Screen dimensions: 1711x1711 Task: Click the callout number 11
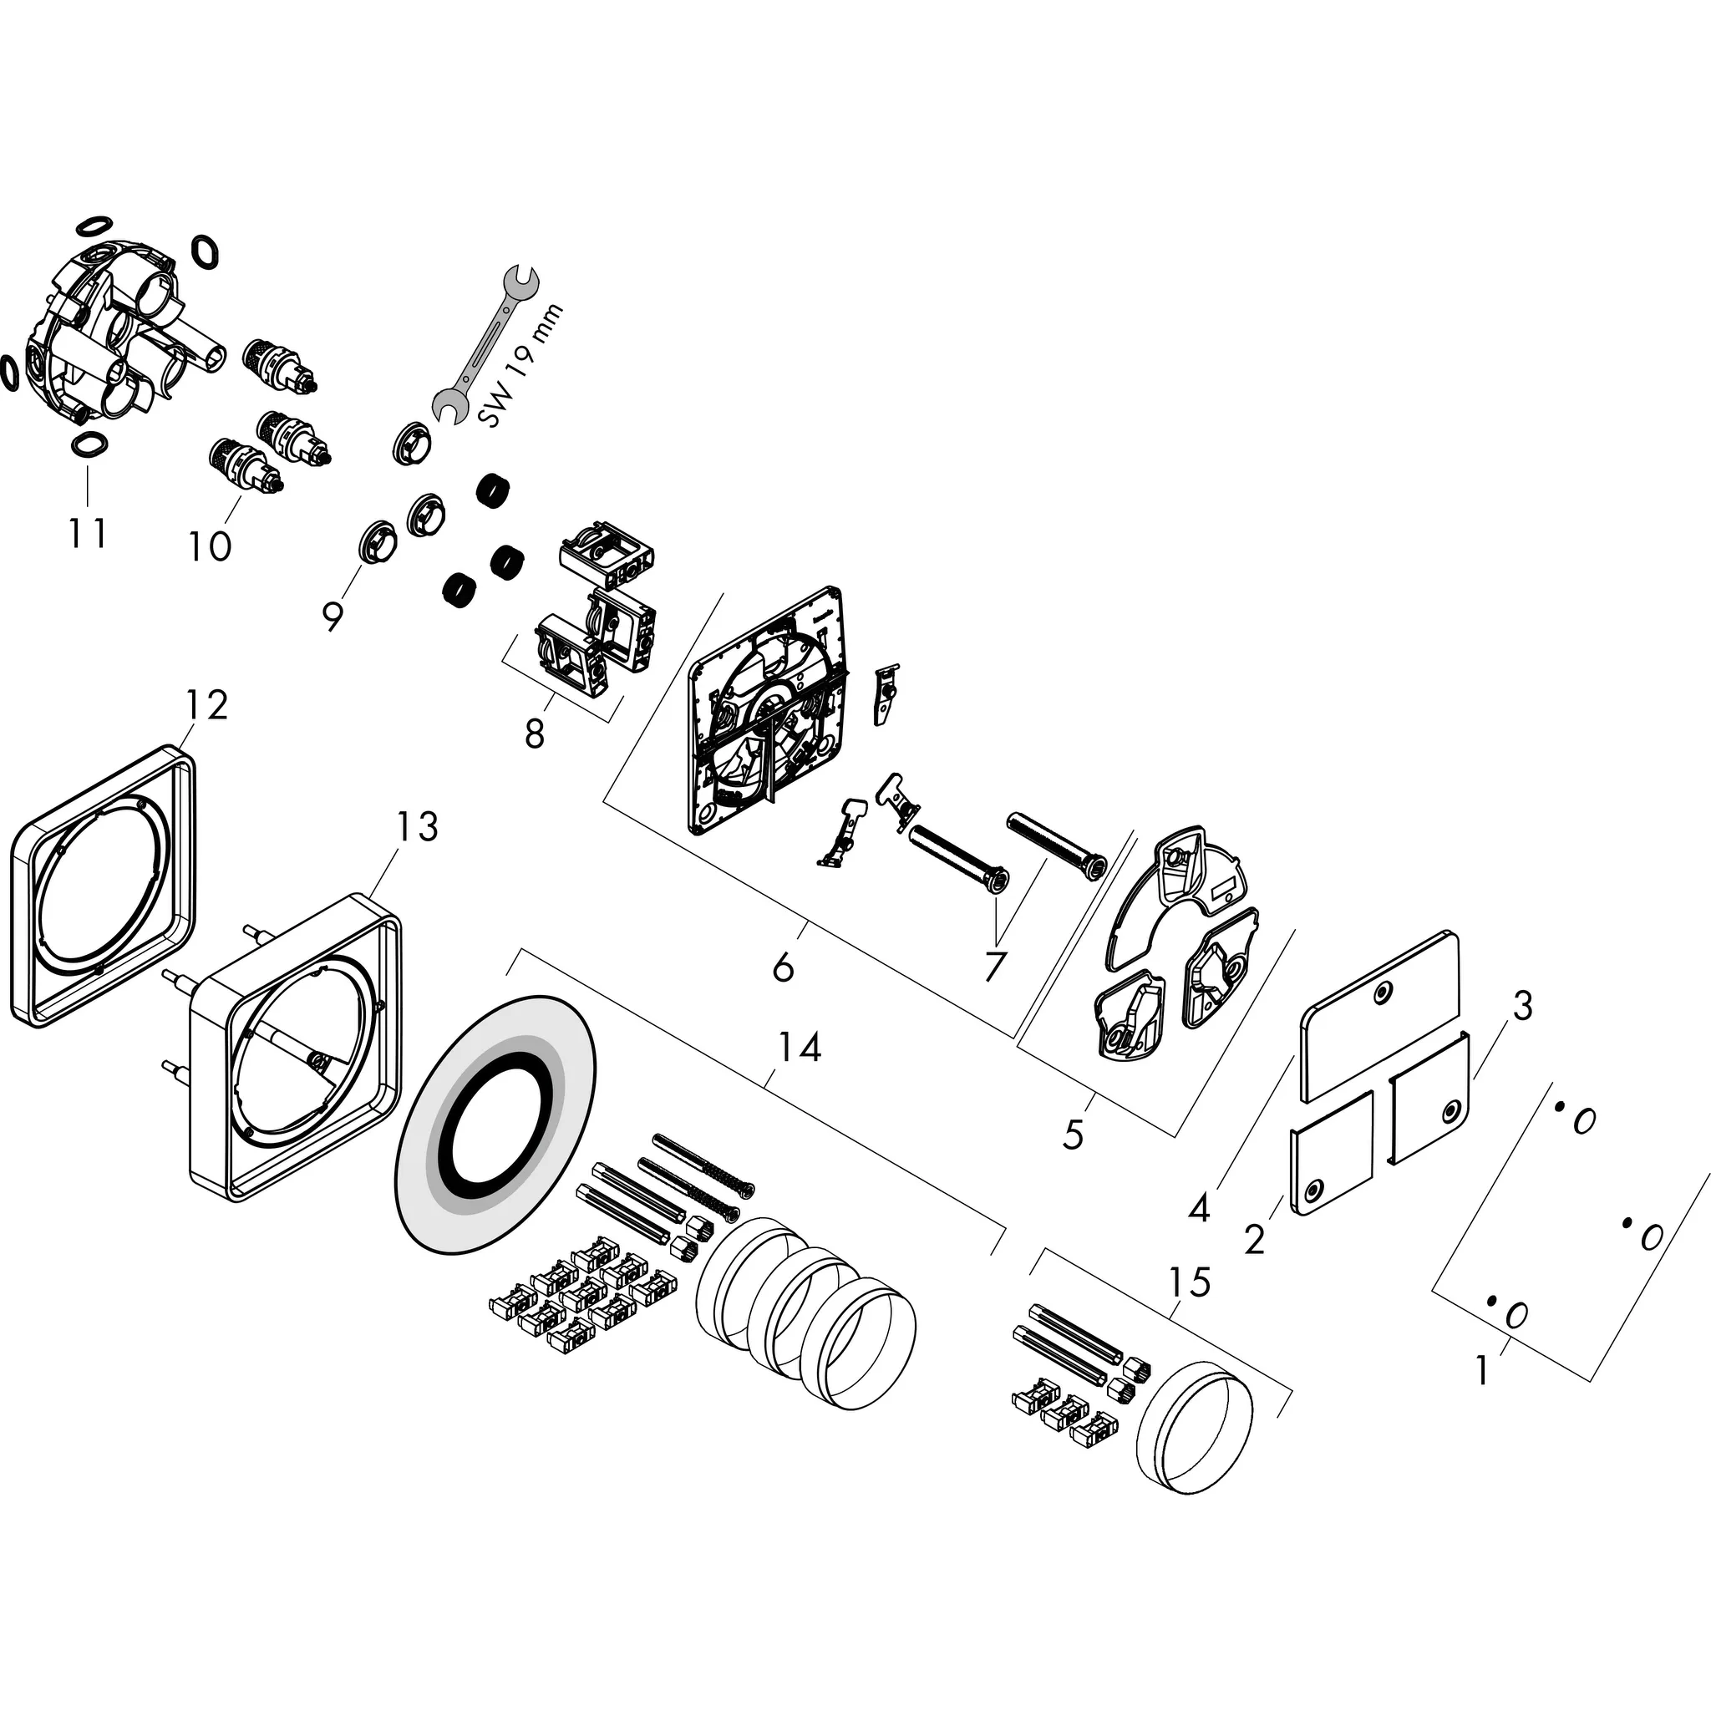coord(88,533)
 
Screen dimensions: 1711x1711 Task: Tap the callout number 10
coord(209,546)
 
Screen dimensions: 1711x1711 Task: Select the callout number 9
coord(333,616)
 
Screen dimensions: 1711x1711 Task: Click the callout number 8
coord(534,734)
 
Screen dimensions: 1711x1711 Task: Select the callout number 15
coord(1189,1282)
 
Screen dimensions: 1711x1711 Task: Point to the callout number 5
coord(1074,1135)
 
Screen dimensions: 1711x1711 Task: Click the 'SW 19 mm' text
coord(520,365)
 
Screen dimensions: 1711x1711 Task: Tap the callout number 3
coord(1521,1007)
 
